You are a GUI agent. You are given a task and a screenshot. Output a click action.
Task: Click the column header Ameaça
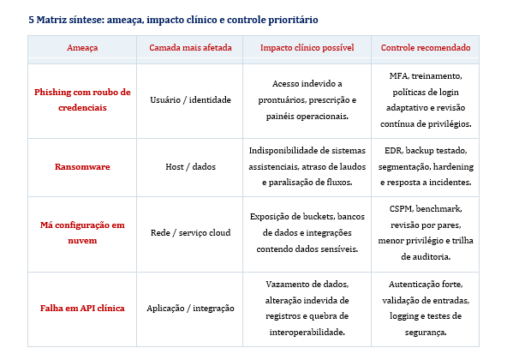82,48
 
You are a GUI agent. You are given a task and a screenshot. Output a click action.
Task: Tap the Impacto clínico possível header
307,48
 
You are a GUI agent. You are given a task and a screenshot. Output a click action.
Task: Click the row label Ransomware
82,166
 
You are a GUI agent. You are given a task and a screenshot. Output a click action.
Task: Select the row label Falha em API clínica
82,307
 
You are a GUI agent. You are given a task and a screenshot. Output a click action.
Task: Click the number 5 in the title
31,18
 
